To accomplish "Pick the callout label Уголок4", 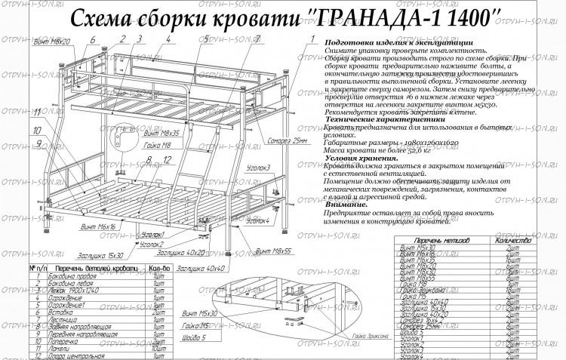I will click(x=257, y=220).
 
